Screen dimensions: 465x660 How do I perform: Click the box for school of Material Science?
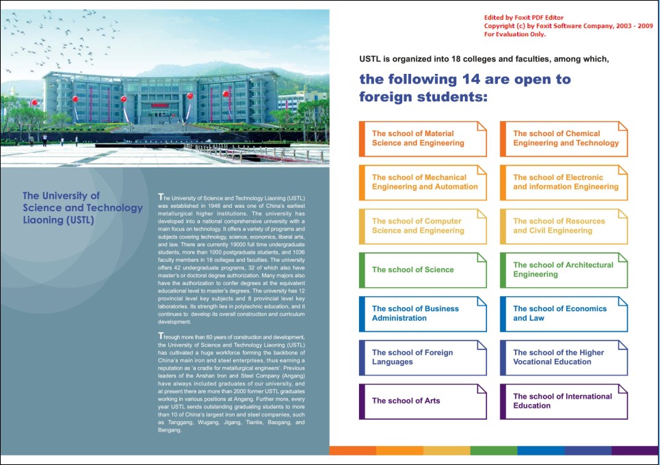[423, 139]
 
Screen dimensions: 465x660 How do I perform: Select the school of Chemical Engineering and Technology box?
[564, 139]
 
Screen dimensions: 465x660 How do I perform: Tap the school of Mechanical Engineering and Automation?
[423, 183]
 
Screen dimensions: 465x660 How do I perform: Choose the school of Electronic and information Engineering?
[564, 183]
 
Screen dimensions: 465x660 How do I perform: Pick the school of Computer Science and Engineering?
[423, 226]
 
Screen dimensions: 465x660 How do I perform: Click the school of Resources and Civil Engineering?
[564, 226]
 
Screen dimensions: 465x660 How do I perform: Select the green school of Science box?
[423, 270]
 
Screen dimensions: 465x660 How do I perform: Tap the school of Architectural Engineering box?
[564, 270]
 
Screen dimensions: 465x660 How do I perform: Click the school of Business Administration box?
[423, 314]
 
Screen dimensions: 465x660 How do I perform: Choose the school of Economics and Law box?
[564, 314]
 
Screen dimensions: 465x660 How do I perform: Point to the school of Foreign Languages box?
[423, 358]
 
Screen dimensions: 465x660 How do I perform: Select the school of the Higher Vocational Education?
[564, 358]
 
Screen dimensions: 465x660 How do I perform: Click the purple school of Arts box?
[423, 401]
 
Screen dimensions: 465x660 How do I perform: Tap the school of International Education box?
[564, 401]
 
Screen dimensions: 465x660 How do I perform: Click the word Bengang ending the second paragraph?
[170, 431]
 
